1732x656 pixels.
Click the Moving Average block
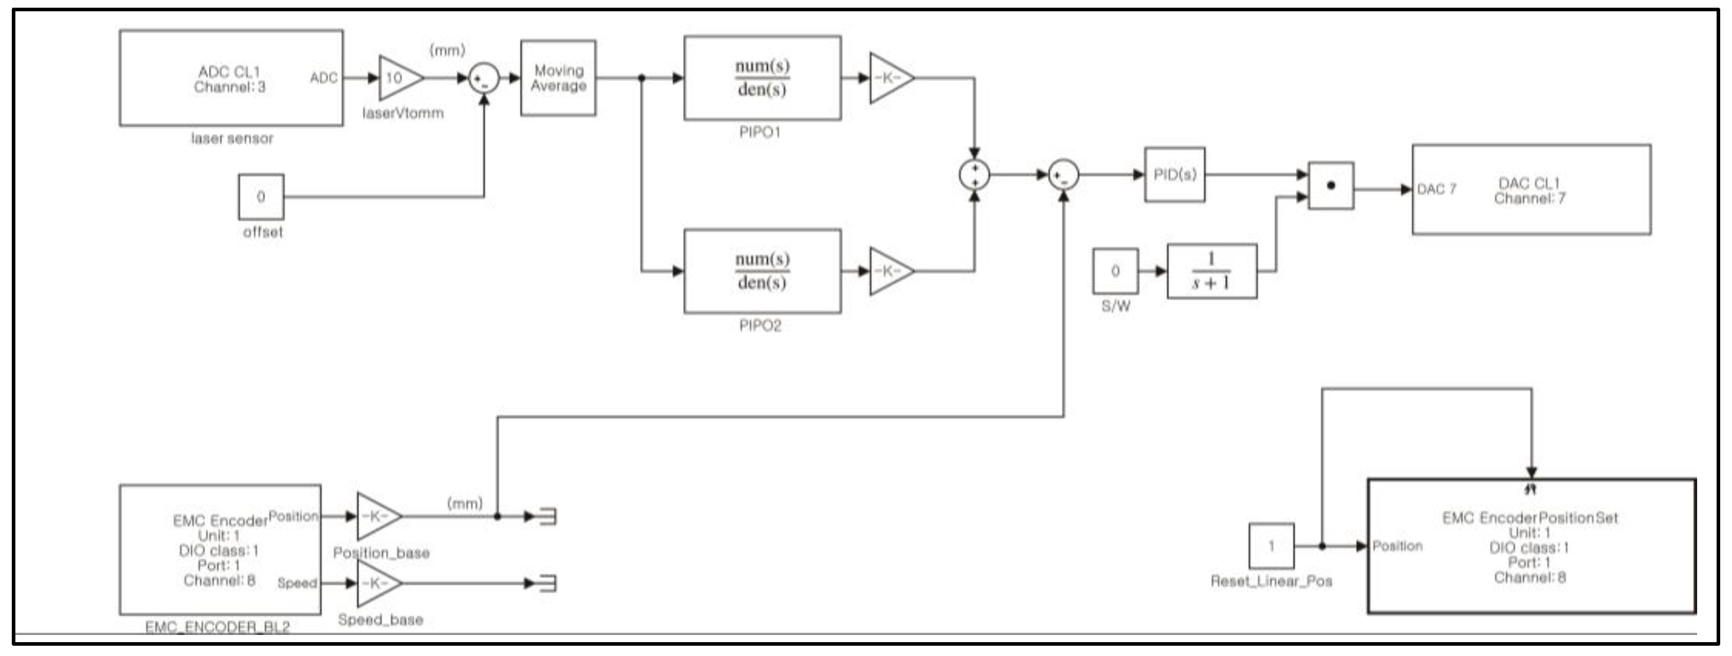[x=558, y=78]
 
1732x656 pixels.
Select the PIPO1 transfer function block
[x=762, y=78]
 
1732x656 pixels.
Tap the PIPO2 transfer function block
[x=762, y=271]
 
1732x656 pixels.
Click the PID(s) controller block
[x=1175, y=175]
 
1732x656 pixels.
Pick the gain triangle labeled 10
[x=398, y=78]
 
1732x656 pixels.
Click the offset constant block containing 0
[x=261, y=197]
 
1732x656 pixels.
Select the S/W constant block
[x=1115, y=271]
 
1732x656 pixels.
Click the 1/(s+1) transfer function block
[x=1212, y=271]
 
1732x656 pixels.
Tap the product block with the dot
[x=1331, y=186]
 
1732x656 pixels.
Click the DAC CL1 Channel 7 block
[x=1531, y=190]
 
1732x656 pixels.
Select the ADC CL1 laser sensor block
[x=231, y=78]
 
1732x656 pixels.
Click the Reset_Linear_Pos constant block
[x=1271, y=546]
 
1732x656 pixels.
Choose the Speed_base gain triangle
[x=377, y=583]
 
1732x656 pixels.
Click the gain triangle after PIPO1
[x=889, y=78]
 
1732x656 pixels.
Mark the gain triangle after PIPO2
[x=889, y=271]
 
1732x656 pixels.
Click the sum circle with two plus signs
[x=974, y=175]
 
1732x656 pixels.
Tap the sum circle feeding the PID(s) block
[x=1063, y=175]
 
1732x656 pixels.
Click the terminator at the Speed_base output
[x=547, y=583]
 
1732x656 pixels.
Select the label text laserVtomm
[x=403, y=113]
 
